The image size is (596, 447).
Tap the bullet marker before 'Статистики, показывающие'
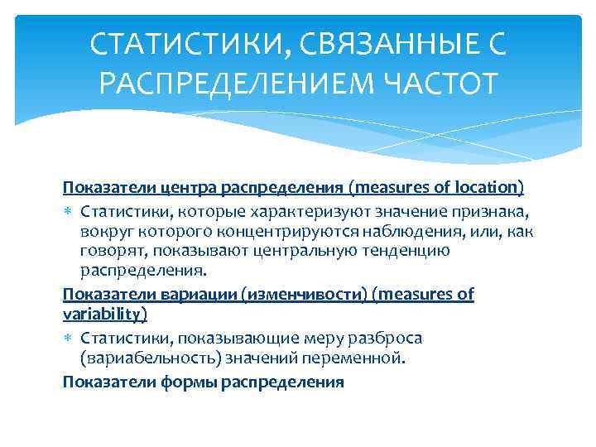[68, 339]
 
